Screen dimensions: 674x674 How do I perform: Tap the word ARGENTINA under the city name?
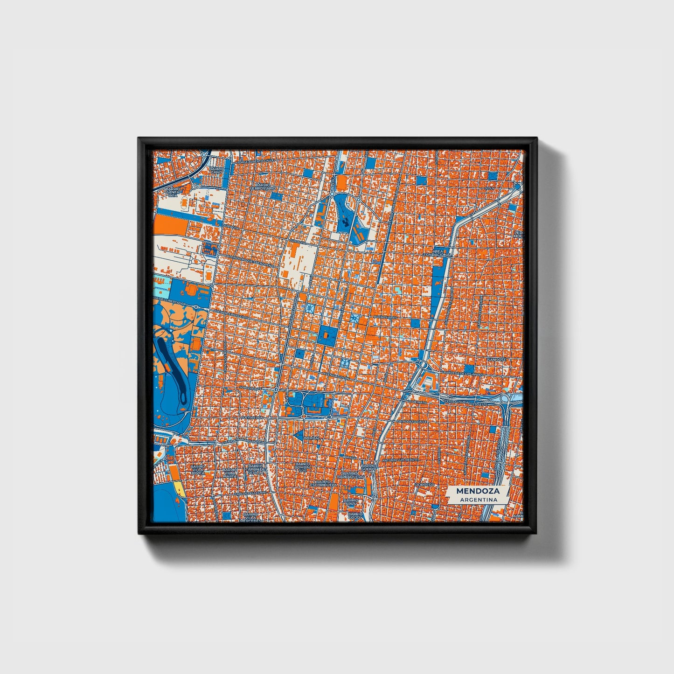point(478,500)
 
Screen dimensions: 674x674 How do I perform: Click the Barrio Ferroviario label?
point(263,186)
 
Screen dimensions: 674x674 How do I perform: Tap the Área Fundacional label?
point(438,253)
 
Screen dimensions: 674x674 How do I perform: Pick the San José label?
point(496,360)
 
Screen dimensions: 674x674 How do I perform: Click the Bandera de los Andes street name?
point(464,374)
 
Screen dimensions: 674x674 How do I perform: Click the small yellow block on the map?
point(180,489)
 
